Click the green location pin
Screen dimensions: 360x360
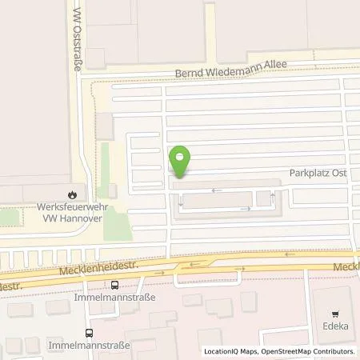point(181,160)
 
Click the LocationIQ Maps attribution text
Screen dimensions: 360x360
point(229,351)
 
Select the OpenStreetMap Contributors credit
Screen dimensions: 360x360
point(308,351)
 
